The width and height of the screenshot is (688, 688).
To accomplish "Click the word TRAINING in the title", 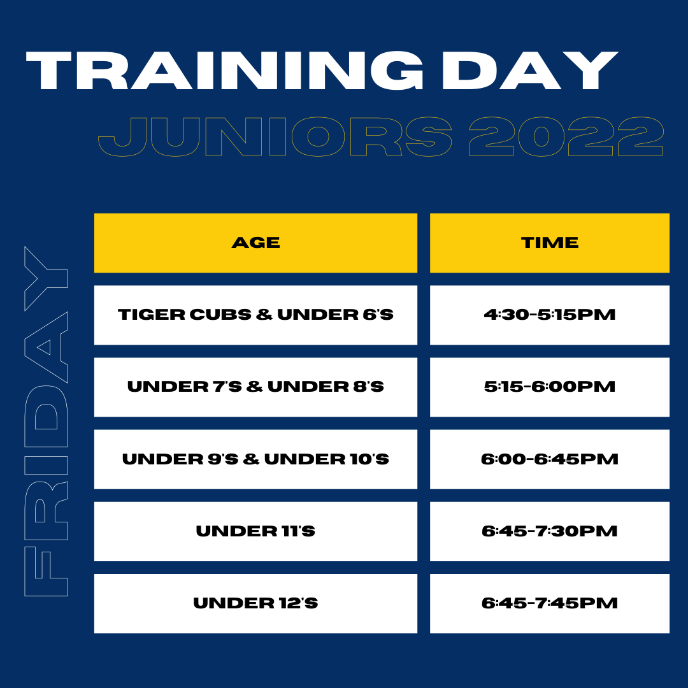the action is [x=225, y=70].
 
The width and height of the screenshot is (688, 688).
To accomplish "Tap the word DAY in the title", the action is [x=530, y=70].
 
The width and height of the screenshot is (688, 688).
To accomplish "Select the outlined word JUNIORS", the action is [x=275, y=136].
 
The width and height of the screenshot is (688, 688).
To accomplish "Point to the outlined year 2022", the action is [x=566, y=136].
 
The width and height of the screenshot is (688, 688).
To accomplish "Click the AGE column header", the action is [x=256, y=243].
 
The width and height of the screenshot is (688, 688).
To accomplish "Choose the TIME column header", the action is [x=550, y=243].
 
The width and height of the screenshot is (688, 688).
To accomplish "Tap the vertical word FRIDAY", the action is [x=46, y=421].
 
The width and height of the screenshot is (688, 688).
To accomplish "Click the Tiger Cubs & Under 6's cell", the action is [x=256, y=315].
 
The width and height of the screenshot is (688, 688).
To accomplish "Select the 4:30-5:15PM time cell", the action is [x=550, y=315].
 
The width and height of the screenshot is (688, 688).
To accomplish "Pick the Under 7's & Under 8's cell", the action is [x=256, y=387].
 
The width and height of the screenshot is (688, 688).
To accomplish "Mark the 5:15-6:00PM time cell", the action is [x=550, y=387].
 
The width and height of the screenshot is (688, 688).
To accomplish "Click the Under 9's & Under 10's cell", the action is [x=256, y=459].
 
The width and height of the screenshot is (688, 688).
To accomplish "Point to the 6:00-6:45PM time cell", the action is [x=550, y=459].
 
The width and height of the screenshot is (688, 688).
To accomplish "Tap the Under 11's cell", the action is [x=256, y=531].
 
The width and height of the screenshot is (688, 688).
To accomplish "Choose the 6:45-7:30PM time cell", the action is [x=550, y=531].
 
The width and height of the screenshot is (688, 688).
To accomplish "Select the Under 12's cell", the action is [x=256, y=603].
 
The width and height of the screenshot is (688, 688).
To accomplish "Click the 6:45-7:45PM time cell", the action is [x=550, y=603].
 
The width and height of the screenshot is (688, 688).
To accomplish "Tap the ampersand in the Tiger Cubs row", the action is [x=264, y=315].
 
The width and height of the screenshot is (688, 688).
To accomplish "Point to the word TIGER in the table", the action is [x=152, y=315].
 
